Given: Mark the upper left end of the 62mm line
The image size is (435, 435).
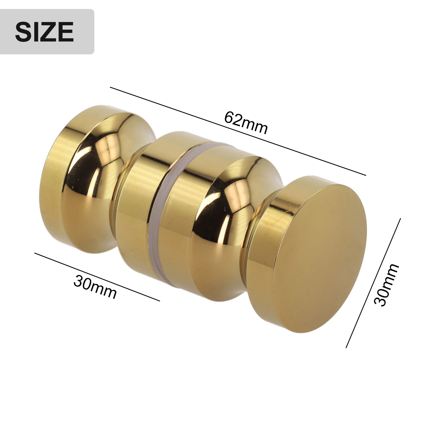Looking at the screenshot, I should tap(110, 87).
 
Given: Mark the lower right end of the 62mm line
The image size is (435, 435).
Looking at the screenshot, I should tap(366, 175).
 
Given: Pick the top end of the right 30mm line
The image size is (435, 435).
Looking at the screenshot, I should tap(400, 219).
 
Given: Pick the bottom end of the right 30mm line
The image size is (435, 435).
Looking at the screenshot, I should tap(346, 347).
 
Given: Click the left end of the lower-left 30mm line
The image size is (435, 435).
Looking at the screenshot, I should tap(35, 253).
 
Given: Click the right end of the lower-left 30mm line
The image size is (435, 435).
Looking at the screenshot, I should tap(160, 301).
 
